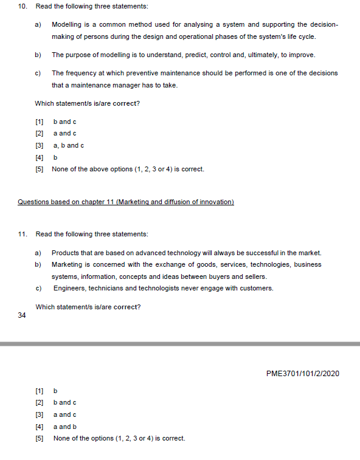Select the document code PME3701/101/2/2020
[303, 373]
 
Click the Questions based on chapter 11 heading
[126, 202]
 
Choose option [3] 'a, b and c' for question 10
[68, 145]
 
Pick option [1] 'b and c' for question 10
[64, 122]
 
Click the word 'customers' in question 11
[258, 288]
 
